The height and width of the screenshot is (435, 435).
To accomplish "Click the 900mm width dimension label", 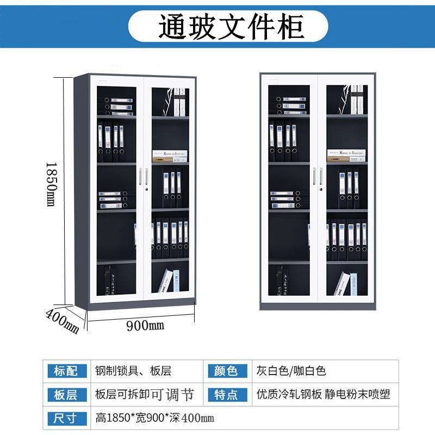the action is pos(145,326).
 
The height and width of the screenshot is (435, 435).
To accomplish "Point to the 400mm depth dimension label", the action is pos(61,320).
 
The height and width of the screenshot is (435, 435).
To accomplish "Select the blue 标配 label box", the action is pos(66,371).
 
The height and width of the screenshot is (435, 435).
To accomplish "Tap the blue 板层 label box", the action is pos(66,395).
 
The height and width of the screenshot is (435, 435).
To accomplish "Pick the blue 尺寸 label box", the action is pos(66,418).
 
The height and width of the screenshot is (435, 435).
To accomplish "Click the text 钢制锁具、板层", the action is pos(133,371).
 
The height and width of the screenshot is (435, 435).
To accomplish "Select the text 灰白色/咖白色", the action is pos(291,371).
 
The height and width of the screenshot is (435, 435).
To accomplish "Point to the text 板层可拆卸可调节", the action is pos(144,395).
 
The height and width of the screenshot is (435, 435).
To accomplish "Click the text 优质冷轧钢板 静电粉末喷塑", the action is pos(323,395).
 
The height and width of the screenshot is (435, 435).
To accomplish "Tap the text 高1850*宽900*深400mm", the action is pos(154,418).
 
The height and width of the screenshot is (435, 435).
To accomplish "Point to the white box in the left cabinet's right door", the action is pos(170,156).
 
